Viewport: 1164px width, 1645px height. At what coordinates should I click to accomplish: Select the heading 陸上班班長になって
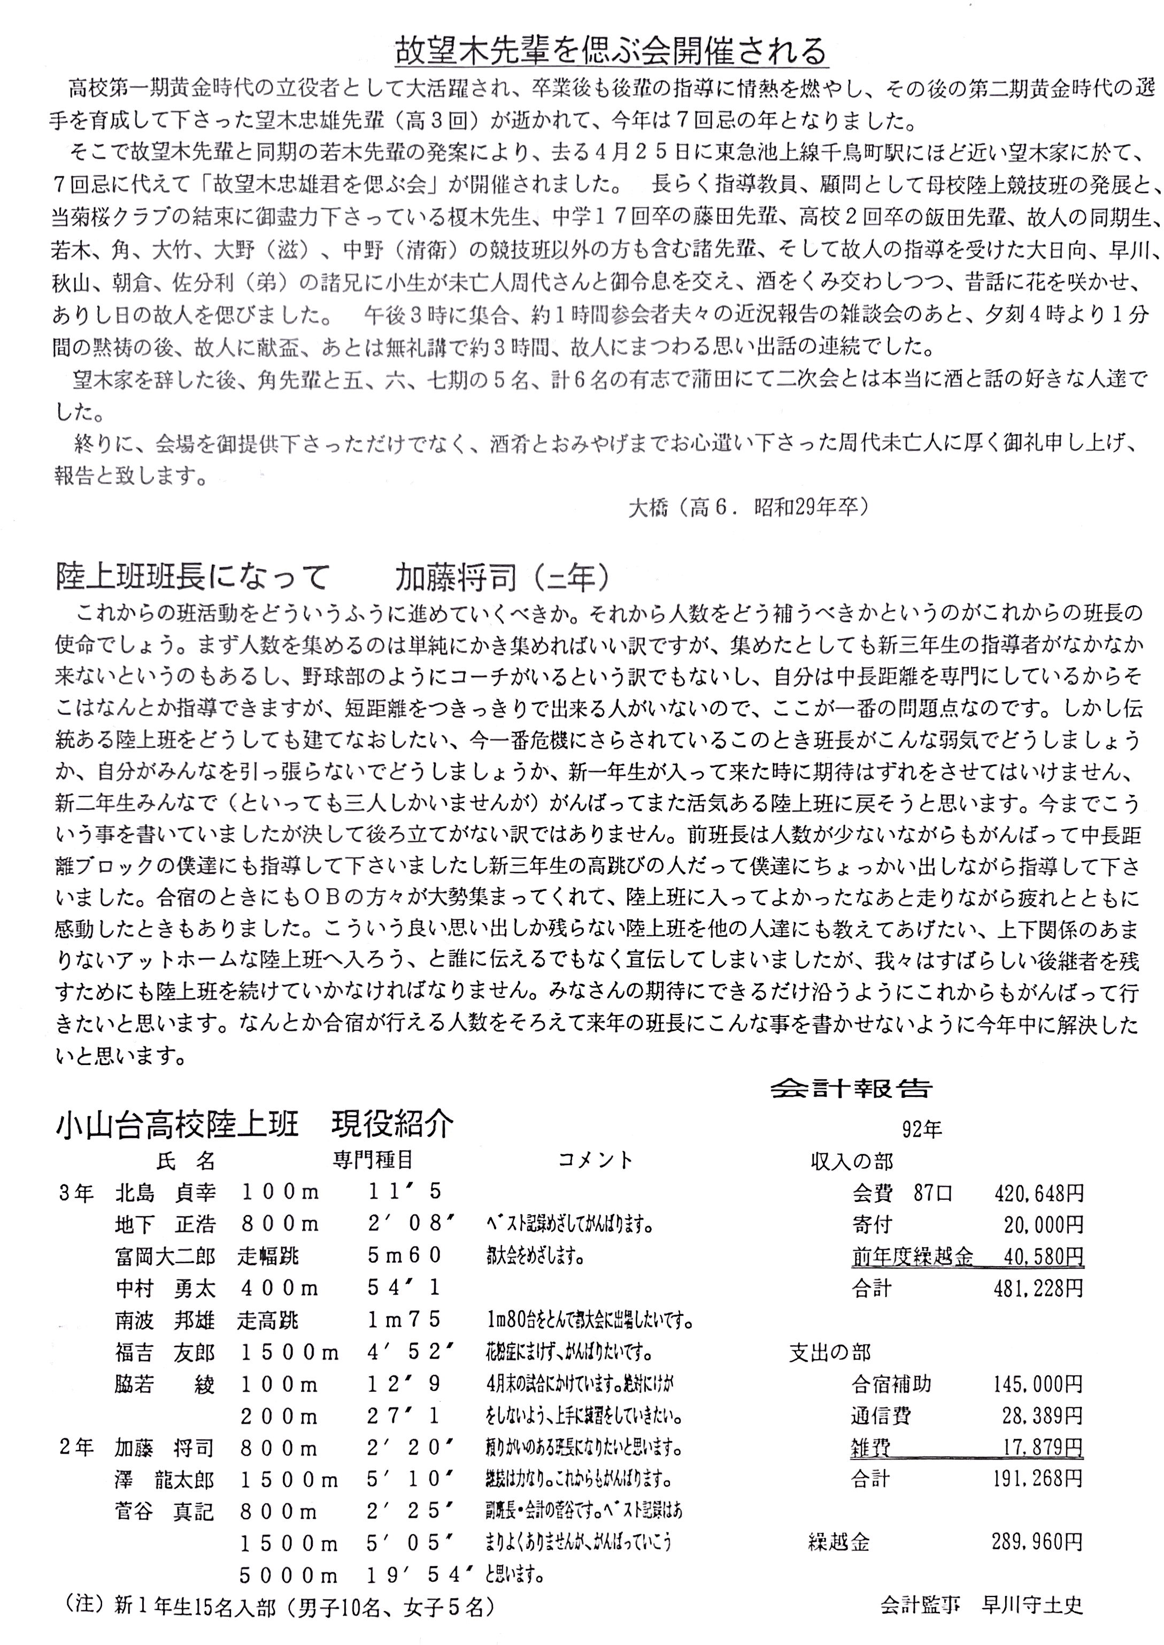point(192,577)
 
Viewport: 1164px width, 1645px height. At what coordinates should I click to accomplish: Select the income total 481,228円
point(1038,1289)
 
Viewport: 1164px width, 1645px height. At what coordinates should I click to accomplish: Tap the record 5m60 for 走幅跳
point(405,1255)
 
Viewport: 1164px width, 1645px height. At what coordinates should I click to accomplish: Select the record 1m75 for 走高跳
point(405,1319)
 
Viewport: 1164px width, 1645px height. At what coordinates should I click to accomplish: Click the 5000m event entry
point(289,1574)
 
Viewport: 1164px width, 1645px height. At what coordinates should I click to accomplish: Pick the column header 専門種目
point(373,1160)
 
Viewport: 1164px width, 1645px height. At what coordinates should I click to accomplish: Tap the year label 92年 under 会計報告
point(922,1130)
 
